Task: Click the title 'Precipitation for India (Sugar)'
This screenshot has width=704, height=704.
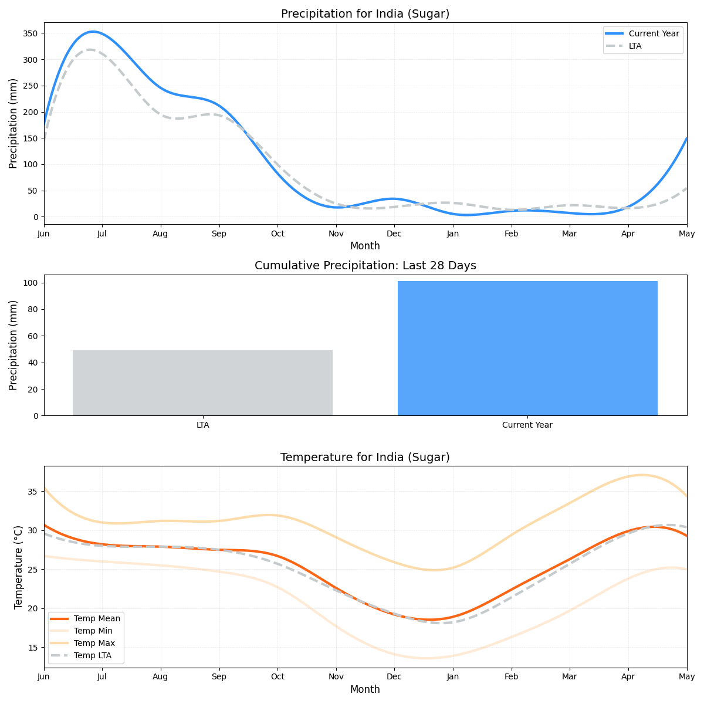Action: pos(365,14)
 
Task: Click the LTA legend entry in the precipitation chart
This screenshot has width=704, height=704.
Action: pos(635,46)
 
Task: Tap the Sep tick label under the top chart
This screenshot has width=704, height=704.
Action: pos(219,233)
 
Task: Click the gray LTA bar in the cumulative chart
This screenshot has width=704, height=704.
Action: pos(202,383)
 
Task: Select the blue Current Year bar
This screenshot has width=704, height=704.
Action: pos(527,348)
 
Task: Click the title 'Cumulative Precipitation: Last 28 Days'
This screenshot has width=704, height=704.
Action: pos(365,266)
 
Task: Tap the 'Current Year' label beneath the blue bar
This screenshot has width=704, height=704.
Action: pos(527,425)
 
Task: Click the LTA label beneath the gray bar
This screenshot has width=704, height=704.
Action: pos(202,425)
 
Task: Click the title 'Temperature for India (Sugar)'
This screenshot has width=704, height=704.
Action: pos(365,458)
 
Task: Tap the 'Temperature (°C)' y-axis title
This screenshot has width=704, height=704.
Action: pos(18,567)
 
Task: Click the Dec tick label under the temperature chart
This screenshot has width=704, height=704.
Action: pos(394,676)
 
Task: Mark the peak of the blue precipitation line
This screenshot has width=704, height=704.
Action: pos(92,32)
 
